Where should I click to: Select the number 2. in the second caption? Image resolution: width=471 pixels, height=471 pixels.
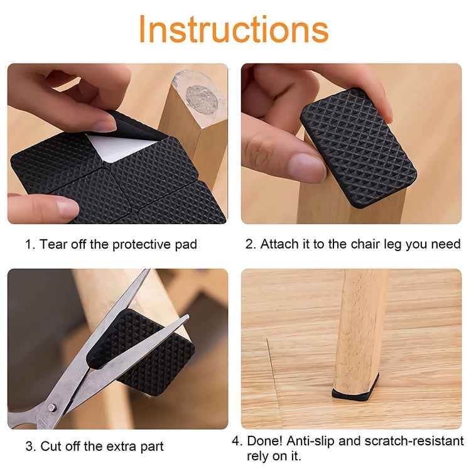[x=251, y=244]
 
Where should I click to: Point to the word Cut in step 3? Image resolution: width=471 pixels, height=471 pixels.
[x=52, y=447]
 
